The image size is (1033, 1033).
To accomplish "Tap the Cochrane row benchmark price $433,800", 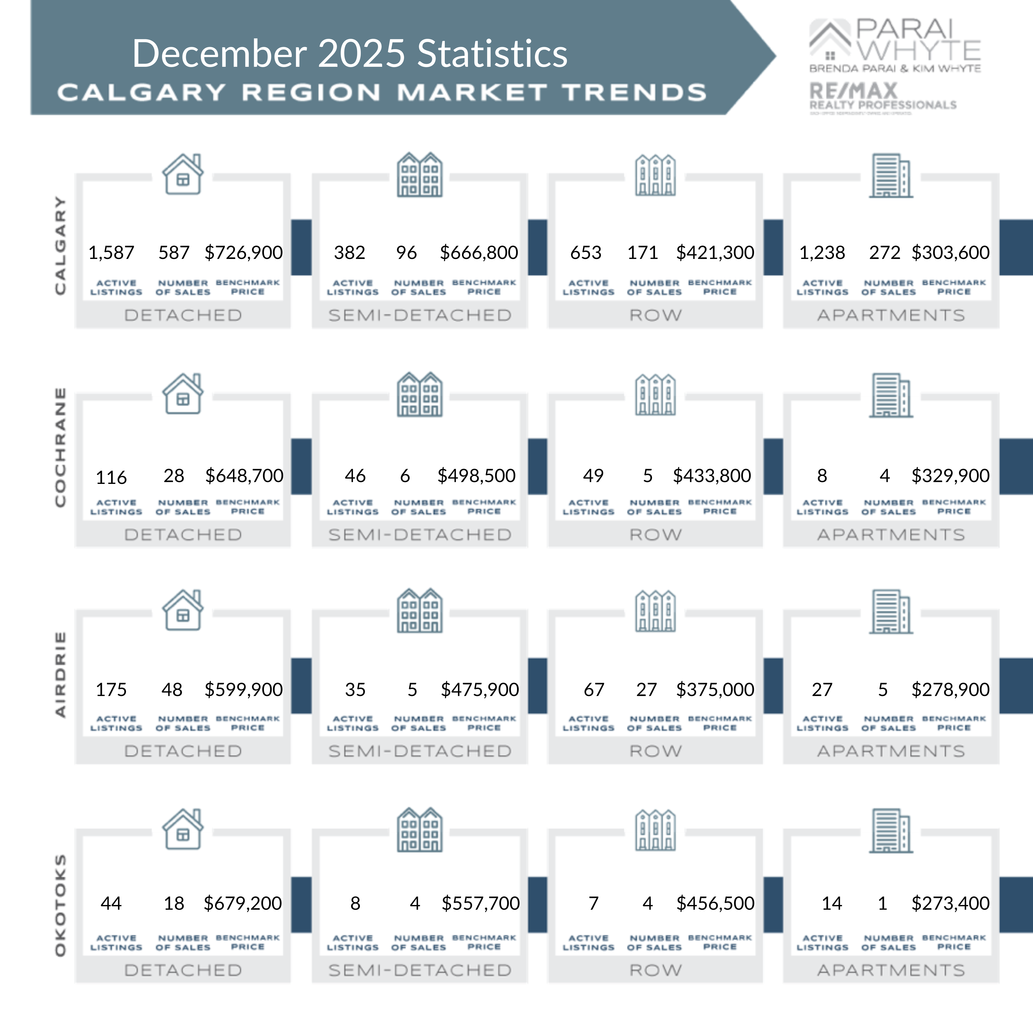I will tap(712, 475).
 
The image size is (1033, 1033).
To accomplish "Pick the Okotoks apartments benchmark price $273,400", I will tap(950, 903).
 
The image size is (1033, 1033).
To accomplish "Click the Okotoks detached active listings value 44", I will tap(111, 903).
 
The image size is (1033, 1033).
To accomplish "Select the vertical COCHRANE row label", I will tap(60, 447).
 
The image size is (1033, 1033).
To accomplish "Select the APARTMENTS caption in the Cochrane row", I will tap(891, 535).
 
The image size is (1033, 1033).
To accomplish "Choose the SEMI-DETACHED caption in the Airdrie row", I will tap(420, 751).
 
